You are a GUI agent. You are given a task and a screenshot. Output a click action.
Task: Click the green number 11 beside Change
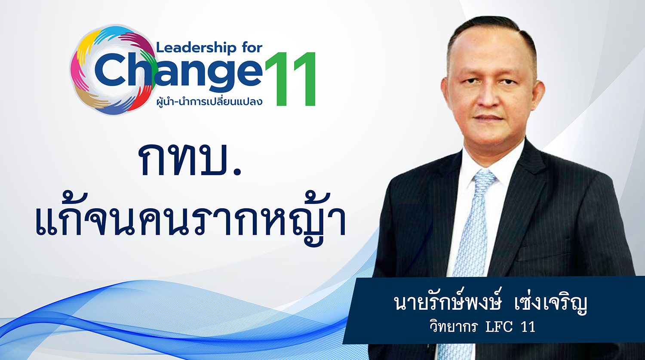291,79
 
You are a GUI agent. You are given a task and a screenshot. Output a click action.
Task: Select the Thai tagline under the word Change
209,102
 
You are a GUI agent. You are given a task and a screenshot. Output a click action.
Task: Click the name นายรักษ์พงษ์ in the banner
448,302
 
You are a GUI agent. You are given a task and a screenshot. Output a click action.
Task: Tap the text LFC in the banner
499,327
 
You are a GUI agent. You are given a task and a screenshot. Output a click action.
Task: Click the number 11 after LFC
528,327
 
